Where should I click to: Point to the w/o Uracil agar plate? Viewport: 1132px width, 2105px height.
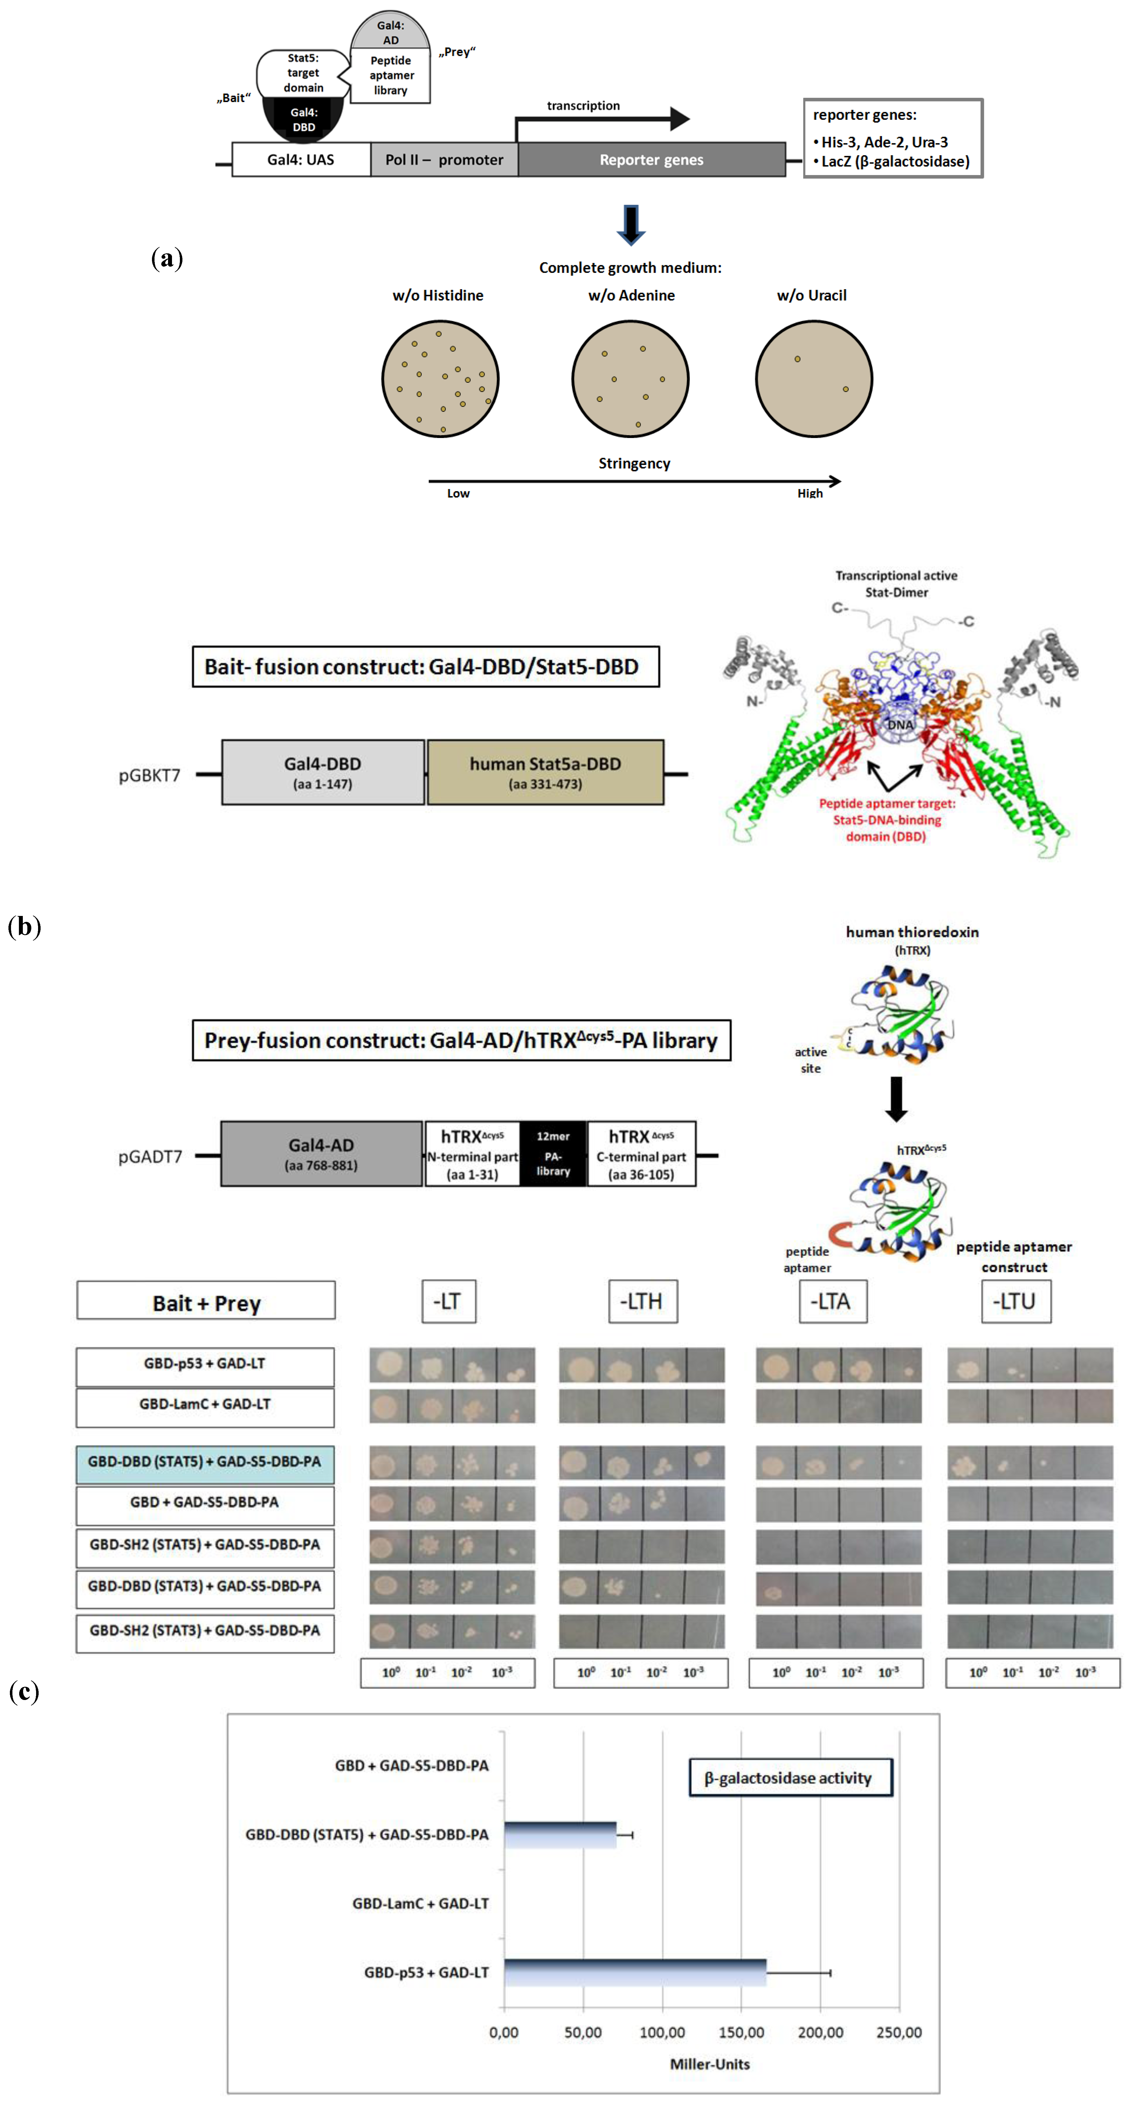[x=813, y=378]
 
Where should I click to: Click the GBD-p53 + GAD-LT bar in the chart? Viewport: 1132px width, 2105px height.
[x=635, y=1973]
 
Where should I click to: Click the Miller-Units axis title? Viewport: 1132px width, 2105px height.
[x=709, y=2064]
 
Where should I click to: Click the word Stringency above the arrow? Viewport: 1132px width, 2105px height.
[x=634, y=463]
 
